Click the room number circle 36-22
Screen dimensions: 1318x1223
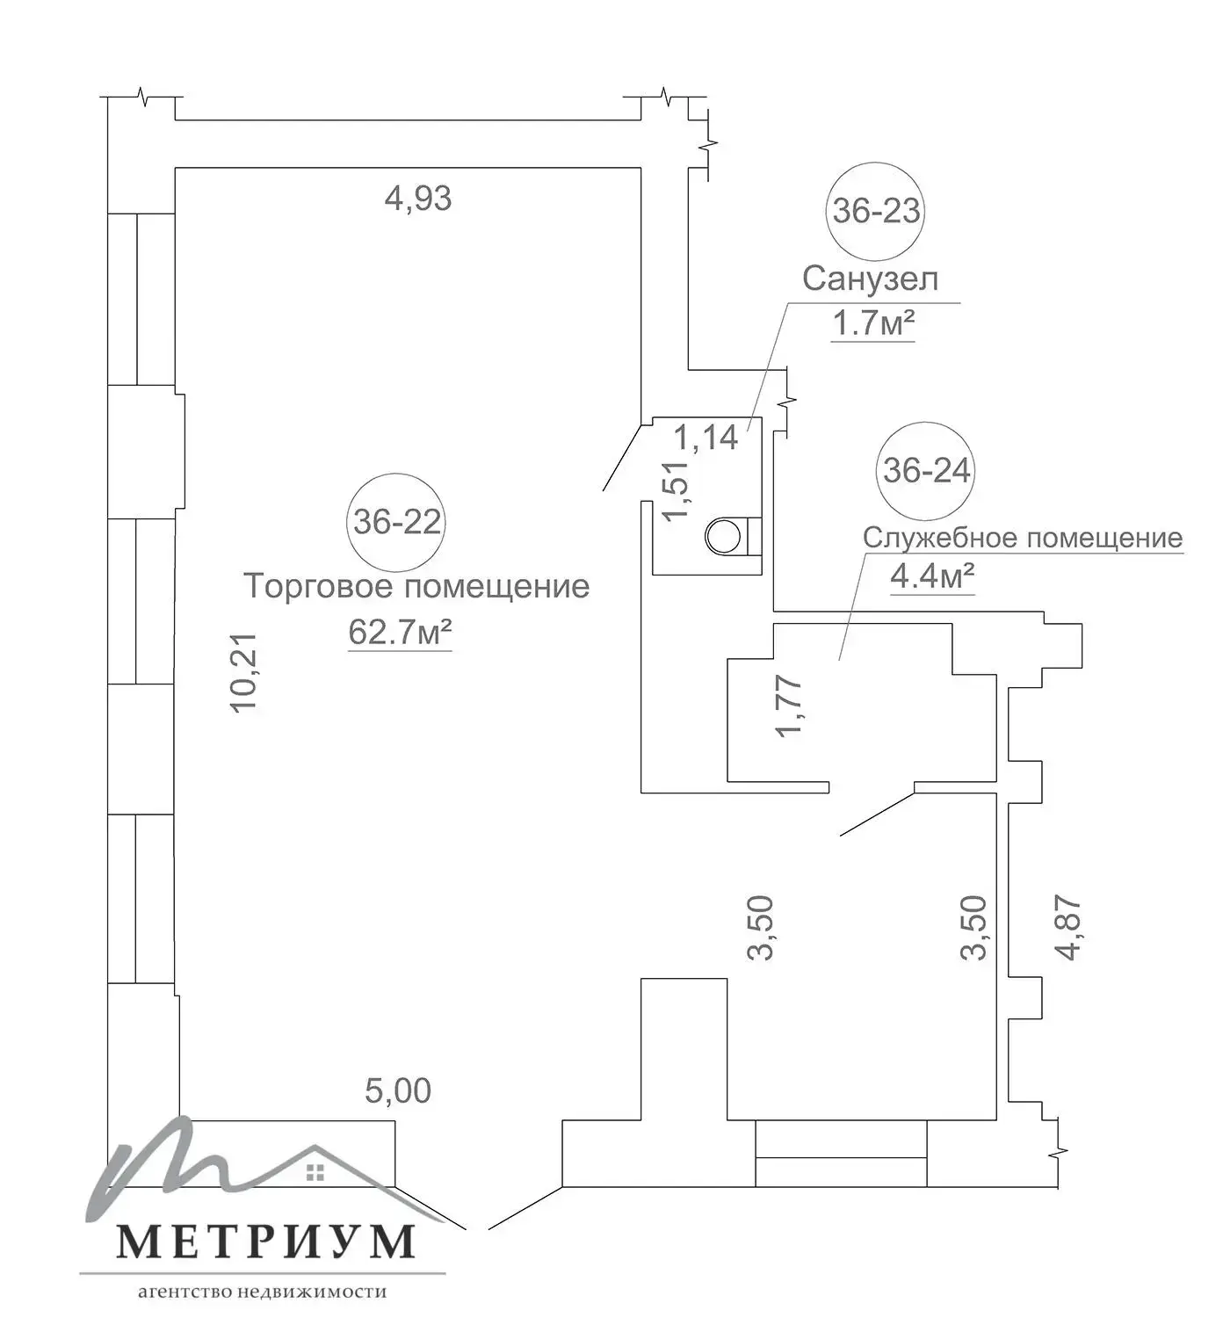pos(397,522)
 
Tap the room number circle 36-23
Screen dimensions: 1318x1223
pos(876,211)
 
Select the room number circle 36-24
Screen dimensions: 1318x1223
pos(926,471)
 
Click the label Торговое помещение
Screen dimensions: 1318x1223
pos(416,586)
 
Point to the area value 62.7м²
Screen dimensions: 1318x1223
pos(400,632)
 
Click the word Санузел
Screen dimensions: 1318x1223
pos(870,279)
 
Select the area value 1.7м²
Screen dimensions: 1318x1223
pos(872,324)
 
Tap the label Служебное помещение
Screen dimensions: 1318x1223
pos(1022,538)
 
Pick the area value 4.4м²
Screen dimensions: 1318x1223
pos(932,577)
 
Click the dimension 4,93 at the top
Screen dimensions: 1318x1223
pos(418,199)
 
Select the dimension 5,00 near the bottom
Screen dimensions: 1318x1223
pos(398,1091)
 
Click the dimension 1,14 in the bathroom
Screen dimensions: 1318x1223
pos(706,437)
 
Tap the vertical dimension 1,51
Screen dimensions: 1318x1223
pos(677,490)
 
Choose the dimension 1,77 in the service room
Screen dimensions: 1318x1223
pos(789,706)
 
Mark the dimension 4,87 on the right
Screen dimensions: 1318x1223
pos(1068,928)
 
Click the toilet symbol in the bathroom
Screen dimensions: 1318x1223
pos(726,535)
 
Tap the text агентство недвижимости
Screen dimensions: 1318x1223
pos(263,1293)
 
